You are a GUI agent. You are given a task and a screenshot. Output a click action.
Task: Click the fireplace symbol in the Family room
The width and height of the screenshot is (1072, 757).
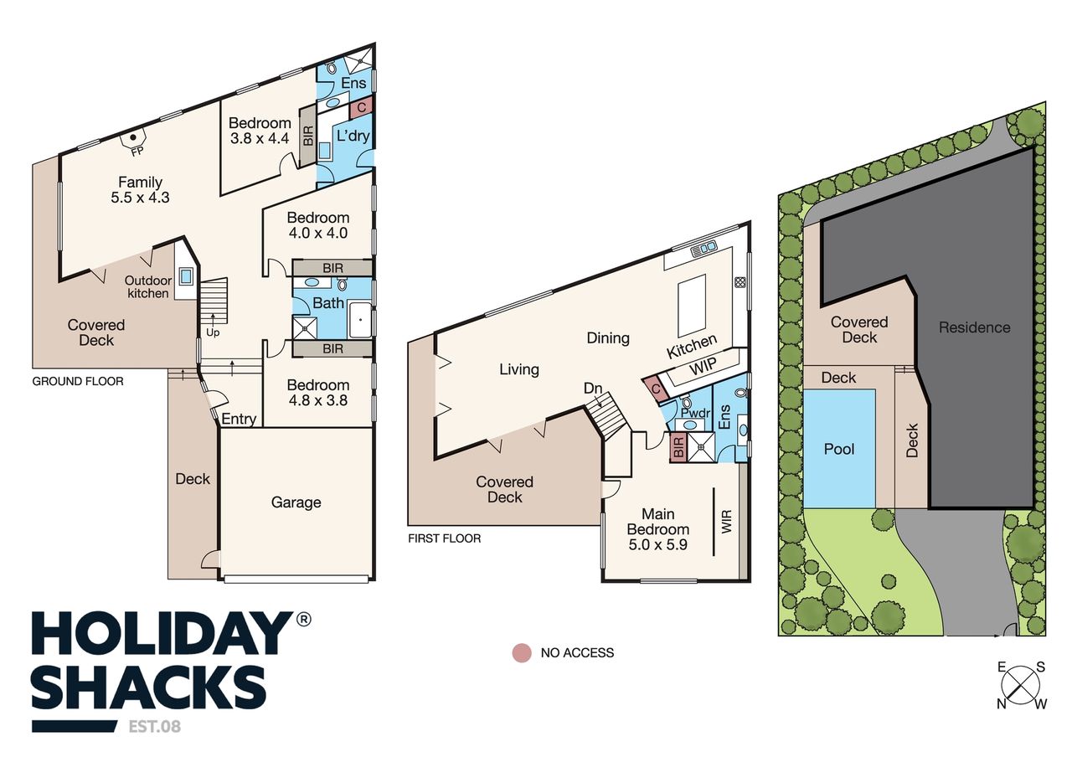[134, 138]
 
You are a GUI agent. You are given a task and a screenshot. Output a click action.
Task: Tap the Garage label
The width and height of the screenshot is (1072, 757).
[296, 502]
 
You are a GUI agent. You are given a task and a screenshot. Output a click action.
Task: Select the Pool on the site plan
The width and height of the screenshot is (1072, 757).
[839, 448]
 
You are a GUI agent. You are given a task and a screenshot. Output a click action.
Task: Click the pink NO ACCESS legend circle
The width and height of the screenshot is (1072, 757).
[522, 652]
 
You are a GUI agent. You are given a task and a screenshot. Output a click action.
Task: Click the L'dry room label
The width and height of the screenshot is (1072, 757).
[353, 136]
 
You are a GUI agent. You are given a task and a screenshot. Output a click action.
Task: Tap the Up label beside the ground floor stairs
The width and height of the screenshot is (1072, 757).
[213, 332]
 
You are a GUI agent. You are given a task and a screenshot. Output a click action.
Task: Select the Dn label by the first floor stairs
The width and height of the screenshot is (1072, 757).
[592, 388]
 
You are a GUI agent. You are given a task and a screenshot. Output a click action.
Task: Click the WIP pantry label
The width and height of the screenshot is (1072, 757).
[703, 367]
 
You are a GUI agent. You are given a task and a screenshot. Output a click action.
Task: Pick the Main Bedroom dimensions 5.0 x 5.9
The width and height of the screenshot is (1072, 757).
[658, 544]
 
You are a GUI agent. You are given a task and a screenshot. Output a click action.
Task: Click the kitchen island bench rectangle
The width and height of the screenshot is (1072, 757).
[692, 306]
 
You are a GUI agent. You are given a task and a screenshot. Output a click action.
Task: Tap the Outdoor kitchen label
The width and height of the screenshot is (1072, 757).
[148, 287]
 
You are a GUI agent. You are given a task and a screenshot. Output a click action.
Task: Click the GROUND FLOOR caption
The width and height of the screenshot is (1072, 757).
[78, 381]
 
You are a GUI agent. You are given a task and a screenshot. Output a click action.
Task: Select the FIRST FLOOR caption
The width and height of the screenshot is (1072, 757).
[444, 538]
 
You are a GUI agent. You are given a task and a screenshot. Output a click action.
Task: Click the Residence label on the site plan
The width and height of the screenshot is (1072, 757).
[974, 327]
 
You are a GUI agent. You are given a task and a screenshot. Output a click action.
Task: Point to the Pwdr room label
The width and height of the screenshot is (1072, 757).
[695, 413]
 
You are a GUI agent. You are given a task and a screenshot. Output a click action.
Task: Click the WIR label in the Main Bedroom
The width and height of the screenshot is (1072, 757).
[726, 522]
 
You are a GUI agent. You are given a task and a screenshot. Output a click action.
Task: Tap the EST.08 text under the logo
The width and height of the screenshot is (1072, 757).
[155, 727]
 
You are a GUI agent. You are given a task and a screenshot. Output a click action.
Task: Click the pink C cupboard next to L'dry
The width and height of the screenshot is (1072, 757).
[362, 108]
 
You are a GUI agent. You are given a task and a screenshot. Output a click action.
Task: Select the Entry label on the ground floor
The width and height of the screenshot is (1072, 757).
[239, 420]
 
